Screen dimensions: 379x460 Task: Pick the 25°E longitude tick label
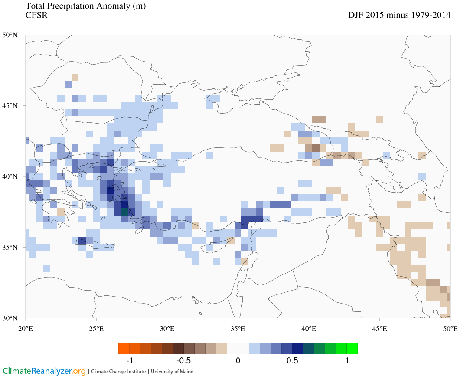click(x=96, y=329)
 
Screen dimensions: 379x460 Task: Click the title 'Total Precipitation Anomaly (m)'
click(x=86, y=6)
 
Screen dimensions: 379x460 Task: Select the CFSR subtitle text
click(x=36, y=16)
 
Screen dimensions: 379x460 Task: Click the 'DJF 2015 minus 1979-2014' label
click(x=399, y=15)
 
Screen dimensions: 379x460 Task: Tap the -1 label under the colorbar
click(x=129, y=361)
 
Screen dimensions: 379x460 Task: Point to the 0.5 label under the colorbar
click(x=292, y=361)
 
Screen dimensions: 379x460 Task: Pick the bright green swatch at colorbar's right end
click(x=352, y=349)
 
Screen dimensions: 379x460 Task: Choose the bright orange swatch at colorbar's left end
click(x=124, y=349)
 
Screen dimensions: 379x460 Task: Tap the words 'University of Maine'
click(x=173, y=372)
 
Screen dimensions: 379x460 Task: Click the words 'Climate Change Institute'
click(x=118, y=372)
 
